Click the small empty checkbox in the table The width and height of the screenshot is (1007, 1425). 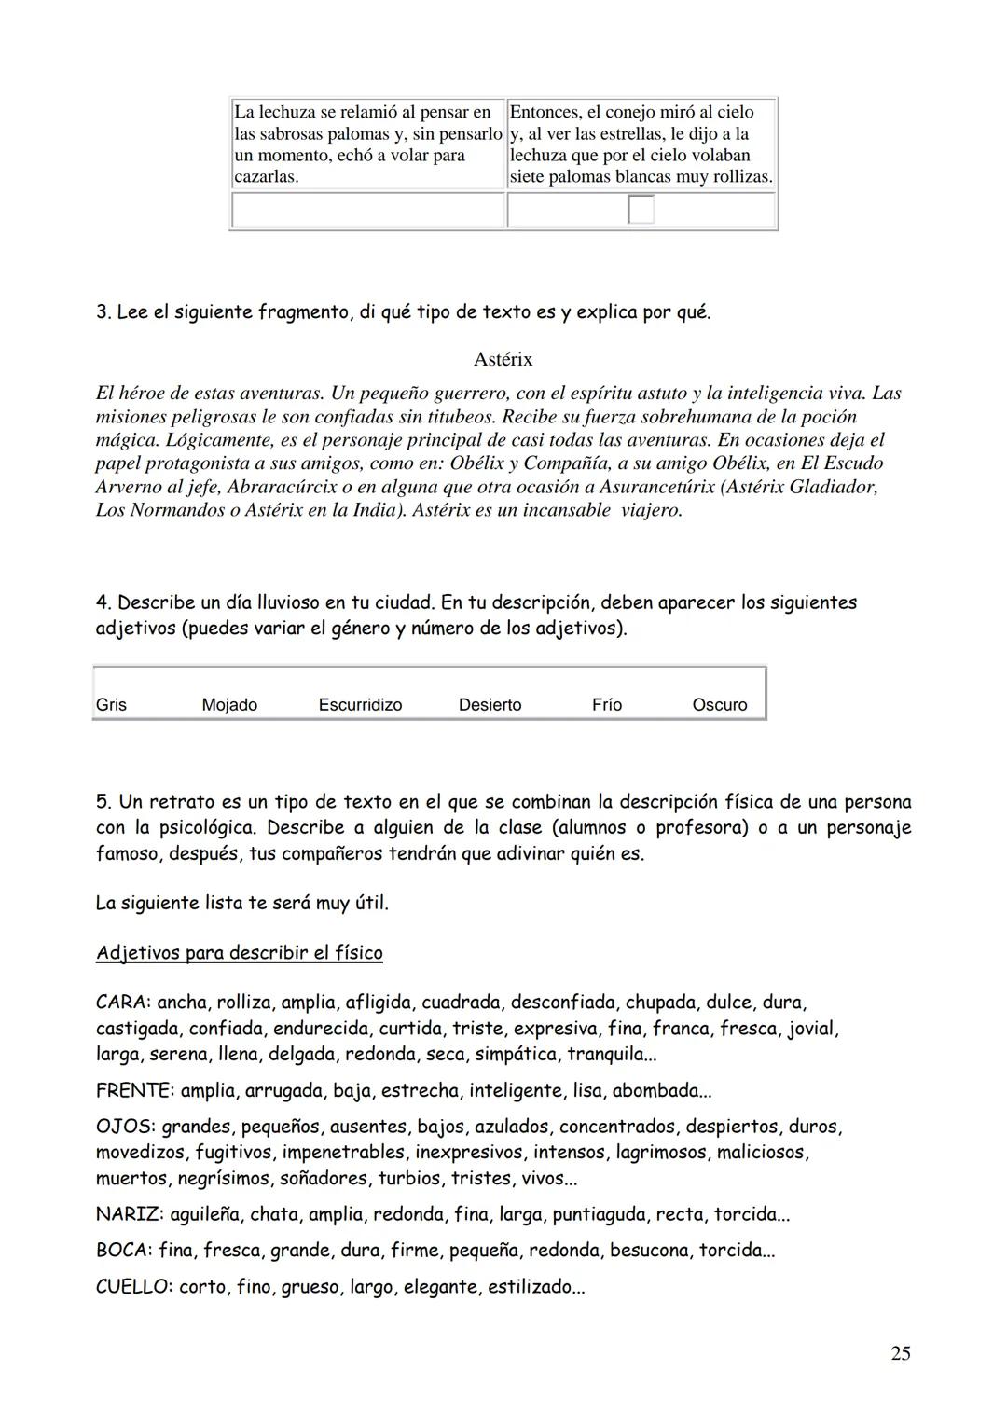click(641, 210)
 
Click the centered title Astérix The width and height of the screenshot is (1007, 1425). click(503, 359)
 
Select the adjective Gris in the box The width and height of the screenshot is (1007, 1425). click(111, 705)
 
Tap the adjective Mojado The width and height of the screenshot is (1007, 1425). click(229, 705)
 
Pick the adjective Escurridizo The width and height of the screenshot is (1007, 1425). click(360, 705)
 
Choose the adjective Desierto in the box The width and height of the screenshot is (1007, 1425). click(490, 705)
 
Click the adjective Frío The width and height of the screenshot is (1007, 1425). click(607, 705)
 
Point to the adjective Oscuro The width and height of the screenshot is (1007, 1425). click(719, 705)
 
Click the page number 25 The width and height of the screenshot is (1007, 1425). click(900, 1353)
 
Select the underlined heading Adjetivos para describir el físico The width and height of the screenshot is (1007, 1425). click(239, 953)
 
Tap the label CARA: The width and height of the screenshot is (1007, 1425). click(123, 1003)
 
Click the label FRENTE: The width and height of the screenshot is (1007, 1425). click(134, 1091)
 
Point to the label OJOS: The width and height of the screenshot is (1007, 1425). click(125, 1127)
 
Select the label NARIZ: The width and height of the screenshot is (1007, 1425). click(130, 1215)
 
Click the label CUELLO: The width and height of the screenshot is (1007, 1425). click(134, 1288)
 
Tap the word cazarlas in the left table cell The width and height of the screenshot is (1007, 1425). click(266, 176)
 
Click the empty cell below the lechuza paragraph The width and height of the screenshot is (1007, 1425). click(367, 211)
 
